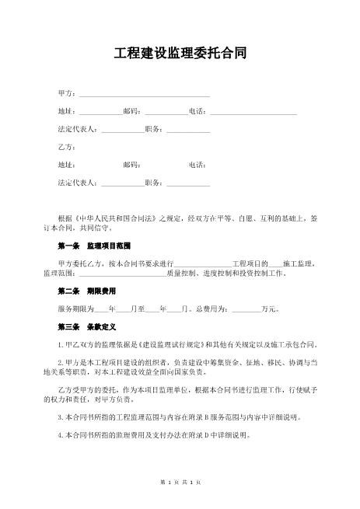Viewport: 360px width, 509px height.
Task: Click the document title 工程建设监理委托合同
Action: tap(180, 54)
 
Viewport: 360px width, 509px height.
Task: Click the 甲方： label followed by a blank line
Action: tap(67, 94)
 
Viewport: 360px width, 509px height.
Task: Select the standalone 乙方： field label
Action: tap(67, 147)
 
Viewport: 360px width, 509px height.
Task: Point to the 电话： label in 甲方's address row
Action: tap(199, 112)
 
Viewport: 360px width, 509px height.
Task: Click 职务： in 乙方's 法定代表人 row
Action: tap(156, 183)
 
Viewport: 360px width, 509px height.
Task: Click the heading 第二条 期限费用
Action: tap(86, 292)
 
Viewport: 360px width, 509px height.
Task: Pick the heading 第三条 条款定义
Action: tap(86, 326)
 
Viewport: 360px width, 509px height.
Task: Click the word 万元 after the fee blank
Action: tap(270, 309)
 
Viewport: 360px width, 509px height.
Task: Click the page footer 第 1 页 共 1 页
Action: tap(180, 483)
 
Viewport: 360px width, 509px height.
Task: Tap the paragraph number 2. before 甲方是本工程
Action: tap(61, 363)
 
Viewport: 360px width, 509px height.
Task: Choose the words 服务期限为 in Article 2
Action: tap(75, 309)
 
